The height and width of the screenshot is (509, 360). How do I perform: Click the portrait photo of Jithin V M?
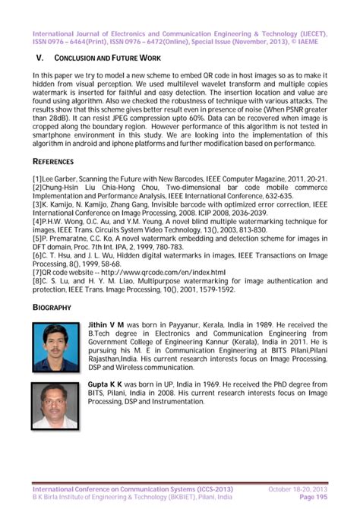pos(57,346)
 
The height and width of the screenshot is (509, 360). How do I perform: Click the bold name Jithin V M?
pos(110,324)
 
